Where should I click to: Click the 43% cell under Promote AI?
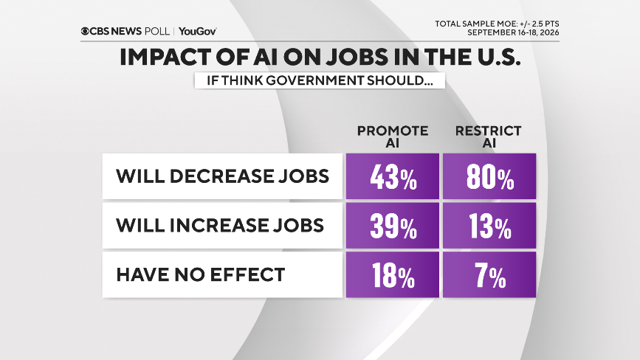[393, 176]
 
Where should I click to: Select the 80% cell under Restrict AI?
[489, 176]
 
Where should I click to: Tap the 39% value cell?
[393, 226]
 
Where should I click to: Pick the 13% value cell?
[489, 226]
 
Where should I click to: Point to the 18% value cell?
[393, 274]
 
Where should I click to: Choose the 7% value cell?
[489, 274]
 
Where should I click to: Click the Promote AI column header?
[393, 136]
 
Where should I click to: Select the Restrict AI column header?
[489, 136]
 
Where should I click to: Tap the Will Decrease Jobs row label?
[222, 176]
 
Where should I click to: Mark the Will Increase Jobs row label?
[220, 226]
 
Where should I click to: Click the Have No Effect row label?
[200, 274]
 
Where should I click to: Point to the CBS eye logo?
[85, 31]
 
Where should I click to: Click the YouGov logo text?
[198, 31]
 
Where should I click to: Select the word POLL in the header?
[157, 31]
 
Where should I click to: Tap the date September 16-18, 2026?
[513, 32]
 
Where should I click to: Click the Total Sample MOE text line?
[497, 24]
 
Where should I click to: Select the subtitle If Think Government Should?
[320, 80]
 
